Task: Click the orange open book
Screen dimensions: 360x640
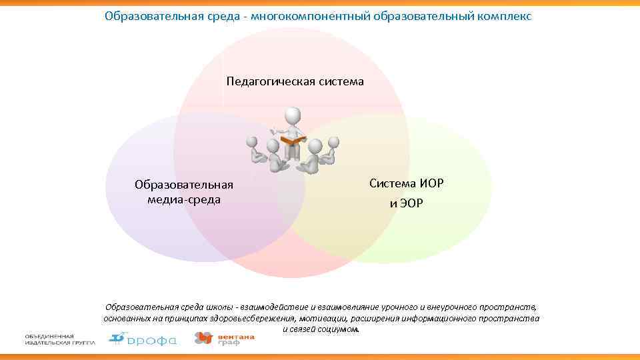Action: coord(293,140)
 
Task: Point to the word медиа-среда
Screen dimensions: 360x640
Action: coord(183,199)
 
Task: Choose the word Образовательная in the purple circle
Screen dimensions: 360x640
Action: coord(183,185)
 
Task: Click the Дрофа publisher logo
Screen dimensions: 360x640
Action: coord(143,339)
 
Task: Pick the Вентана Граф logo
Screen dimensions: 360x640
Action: coord(224,339)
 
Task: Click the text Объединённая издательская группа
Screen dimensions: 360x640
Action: coord(60,339)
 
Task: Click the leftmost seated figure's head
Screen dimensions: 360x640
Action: coord(251,143)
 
